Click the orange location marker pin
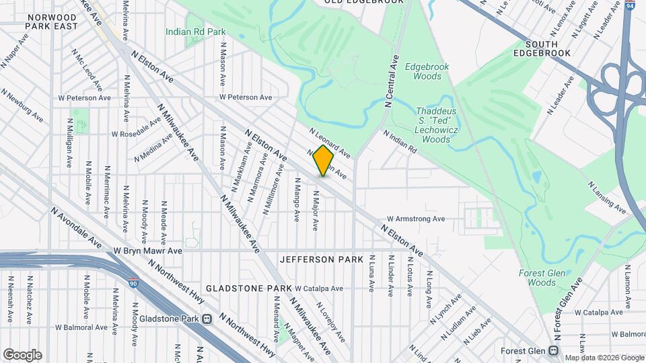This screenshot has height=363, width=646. coord(323,162)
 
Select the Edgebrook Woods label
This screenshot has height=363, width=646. coord(423,71)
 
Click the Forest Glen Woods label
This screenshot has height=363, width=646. coord(537,278)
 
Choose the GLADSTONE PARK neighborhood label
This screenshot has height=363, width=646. coord(248,288)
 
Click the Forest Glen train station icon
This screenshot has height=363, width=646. coord(552,350)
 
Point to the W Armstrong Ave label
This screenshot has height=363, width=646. coord(416,218)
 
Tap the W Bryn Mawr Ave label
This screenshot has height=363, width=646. coord(148,251)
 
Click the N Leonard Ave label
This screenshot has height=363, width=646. coord(330,141)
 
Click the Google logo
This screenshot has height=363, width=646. coord(22,354)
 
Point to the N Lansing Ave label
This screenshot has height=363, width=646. coord(608,198)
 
